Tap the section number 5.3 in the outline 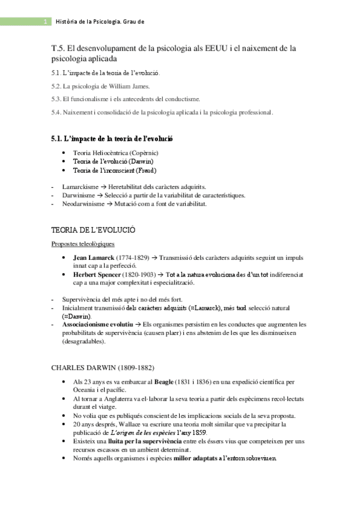[56, 99]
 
